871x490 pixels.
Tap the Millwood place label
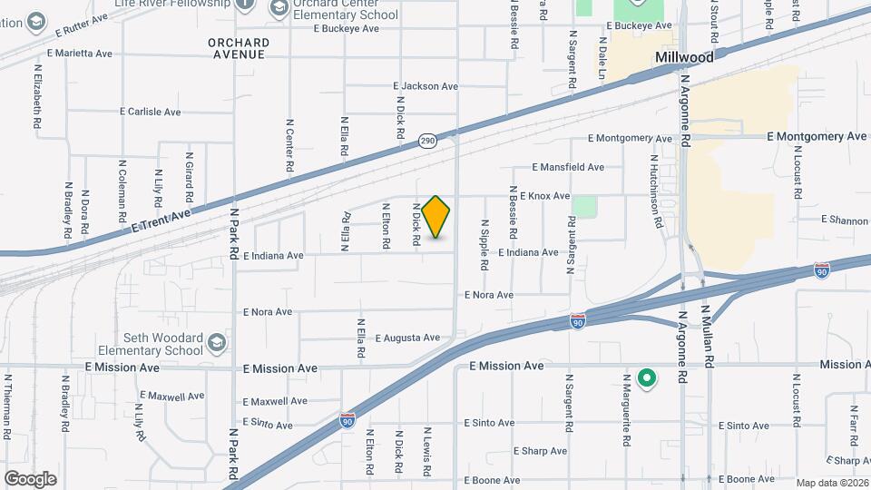684,56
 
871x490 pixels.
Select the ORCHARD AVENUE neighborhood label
239,48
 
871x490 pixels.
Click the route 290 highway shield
428,141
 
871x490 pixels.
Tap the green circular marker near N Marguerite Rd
646,377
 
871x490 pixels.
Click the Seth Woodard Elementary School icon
216,343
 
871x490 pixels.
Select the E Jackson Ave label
426,86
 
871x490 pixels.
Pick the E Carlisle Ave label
151,112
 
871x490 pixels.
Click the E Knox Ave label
544,196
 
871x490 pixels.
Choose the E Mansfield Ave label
568,167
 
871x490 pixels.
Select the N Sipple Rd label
485,244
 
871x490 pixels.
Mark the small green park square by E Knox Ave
585,207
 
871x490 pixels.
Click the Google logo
30,478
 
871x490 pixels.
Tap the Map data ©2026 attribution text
831,483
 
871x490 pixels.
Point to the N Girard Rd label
190,177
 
